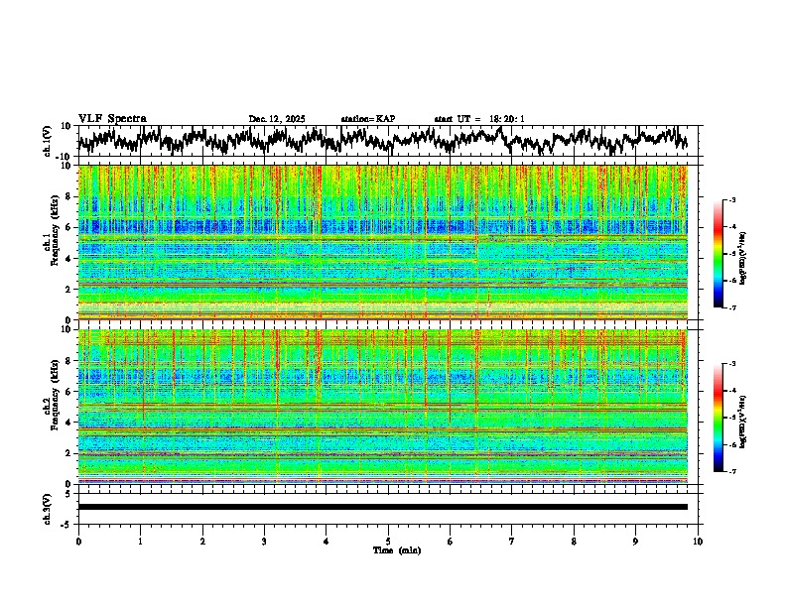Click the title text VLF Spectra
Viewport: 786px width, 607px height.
(112, 119)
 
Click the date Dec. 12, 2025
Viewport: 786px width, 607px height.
(277, 119)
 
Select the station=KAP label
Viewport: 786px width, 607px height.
(367, 119)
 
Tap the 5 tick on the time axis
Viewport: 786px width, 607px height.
(388, 541)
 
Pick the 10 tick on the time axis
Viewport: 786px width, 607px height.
(698, 541)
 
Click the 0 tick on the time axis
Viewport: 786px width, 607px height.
(78, 541)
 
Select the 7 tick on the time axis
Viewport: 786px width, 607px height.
(512, 541)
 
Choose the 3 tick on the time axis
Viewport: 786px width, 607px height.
(264, 541)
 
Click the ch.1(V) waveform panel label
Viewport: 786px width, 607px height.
(47, 141)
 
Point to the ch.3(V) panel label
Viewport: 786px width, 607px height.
(47, 507)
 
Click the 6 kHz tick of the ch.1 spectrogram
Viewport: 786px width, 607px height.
(69, 227)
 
